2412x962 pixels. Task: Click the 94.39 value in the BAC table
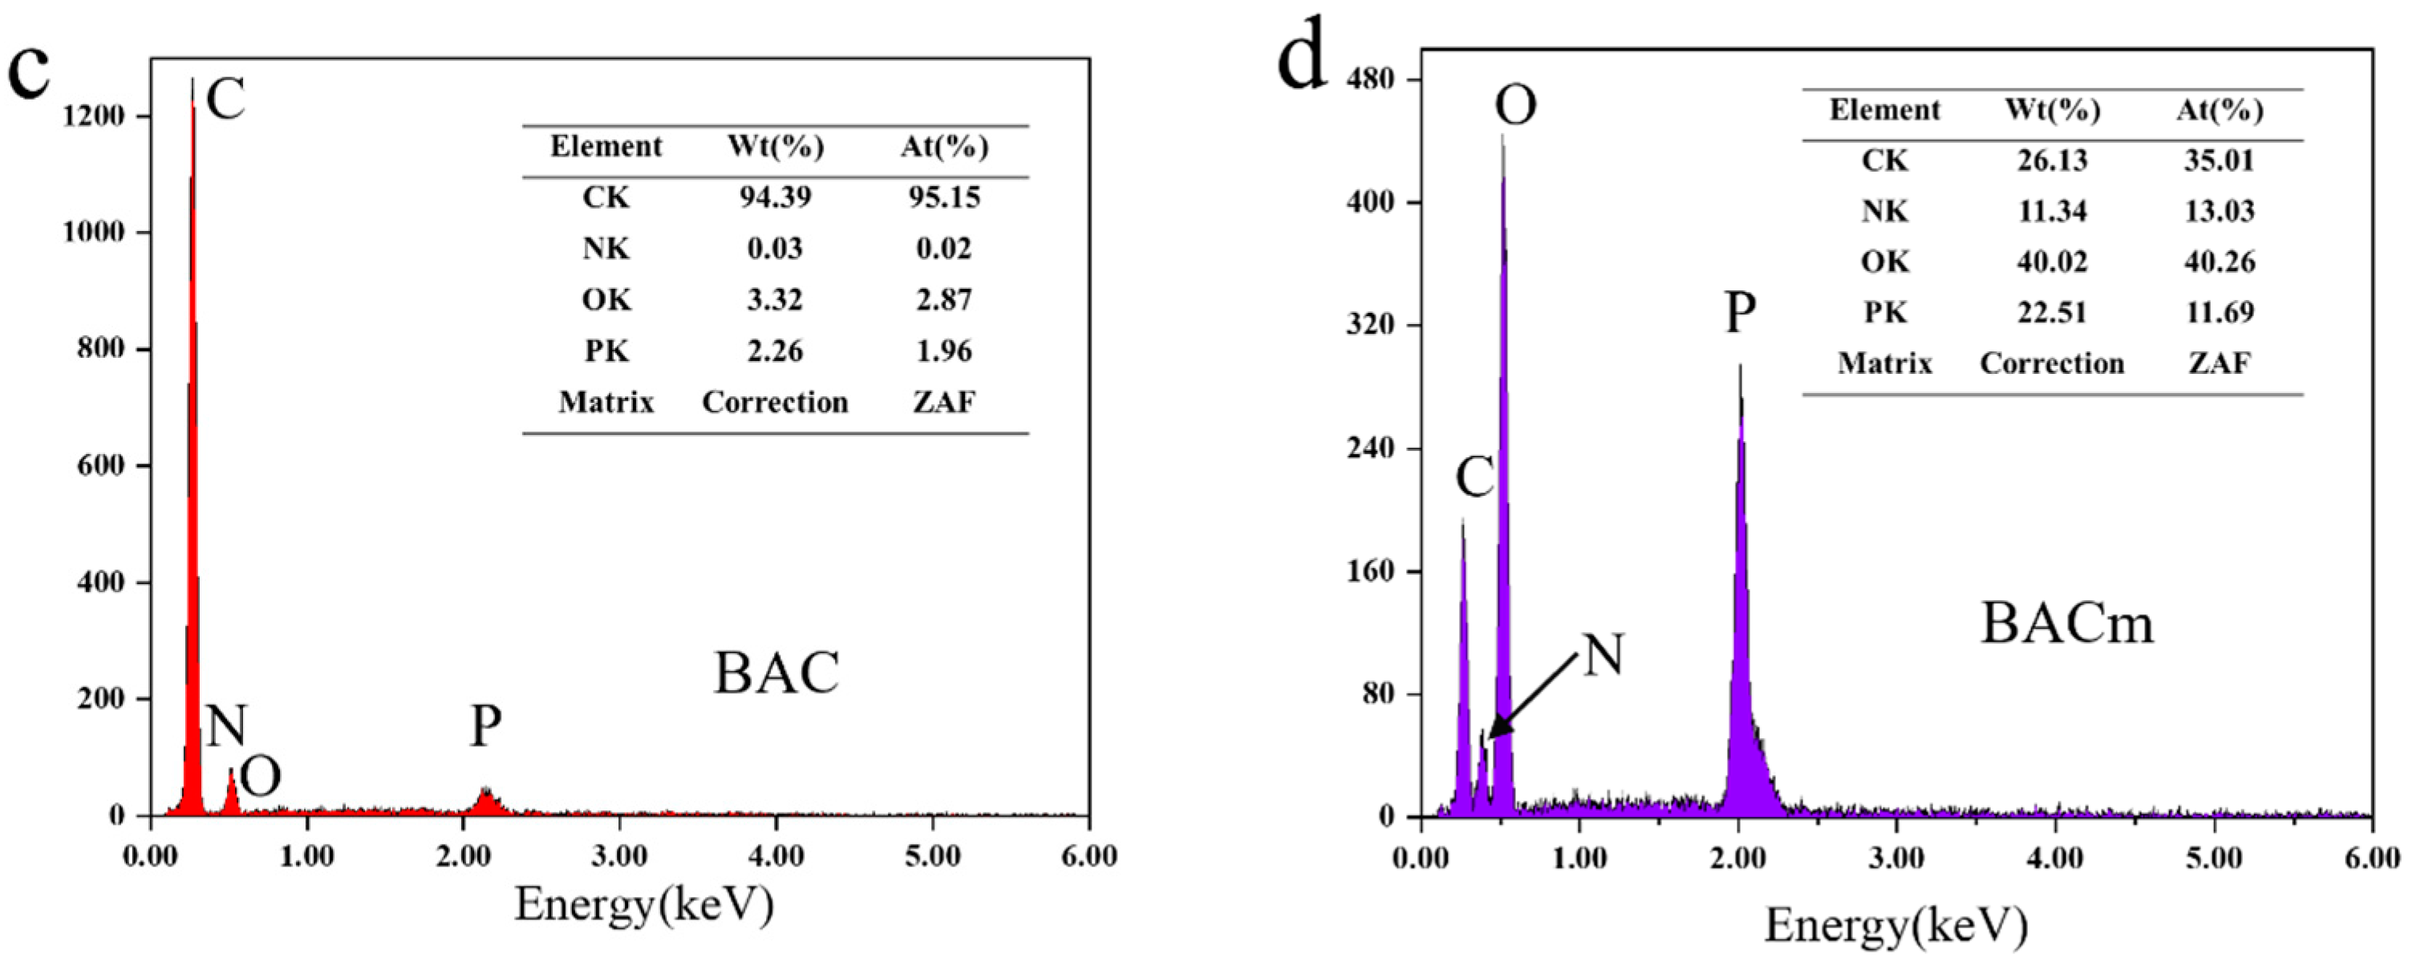click(x=776, y=197)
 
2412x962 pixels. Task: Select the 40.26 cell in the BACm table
click(x=2219, y=262)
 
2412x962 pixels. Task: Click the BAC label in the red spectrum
click(x=776, y=673)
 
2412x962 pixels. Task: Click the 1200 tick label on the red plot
click(x=94, y=116)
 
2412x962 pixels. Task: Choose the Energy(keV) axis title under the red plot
click(x=644, y=905)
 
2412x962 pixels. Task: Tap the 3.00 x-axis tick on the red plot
click(x=620, y=856)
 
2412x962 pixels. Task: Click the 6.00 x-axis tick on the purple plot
click(x=2372, y=858)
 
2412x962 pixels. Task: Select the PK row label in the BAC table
click(x=606, y=351)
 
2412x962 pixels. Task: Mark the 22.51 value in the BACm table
click(x=2052, y=312)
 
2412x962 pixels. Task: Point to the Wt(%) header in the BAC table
click(x=776, y=147)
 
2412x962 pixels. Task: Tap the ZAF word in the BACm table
click(x=2219, y=363)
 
